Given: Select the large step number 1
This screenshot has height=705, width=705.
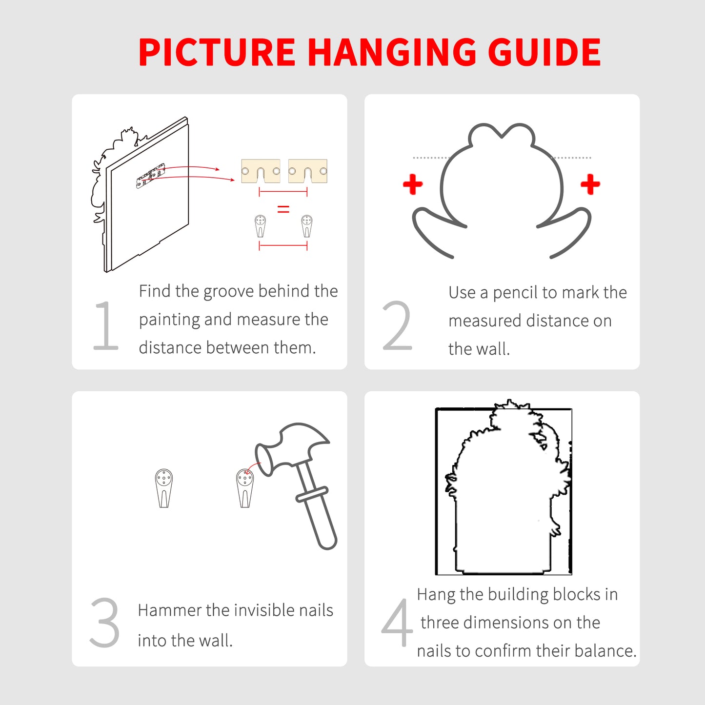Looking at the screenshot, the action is [106, 325].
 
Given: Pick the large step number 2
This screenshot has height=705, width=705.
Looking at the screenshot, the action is [397, 325].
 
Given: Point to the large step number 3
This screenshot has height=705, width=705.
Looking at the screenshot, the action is [104, 623].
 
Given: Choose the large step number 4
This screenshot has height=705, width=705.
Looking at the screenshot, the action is [397, 623].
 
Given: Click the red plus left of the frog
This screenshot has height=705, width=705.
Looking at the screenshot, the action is [413, 184].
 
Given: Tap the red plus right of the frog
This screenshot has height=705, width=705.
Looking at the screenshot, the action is [590, 184].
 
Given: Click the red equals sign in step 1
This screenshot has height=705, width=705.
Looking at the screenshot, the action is [283, 209].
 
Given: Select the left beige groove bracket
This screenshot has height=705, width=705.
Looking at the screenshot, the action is [261, 171].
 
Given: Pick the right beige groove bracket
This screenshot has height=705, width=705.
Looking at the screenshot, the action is [308, 171].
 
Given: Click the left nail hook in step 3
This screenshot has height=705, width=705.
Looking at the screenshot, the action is [164, 488].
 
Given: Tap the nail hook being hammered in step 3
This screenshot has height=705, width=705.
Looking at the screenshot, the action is [245, 488].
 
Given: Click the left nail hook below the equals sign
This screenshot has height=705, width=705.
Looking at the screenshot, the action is [260, 226].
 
